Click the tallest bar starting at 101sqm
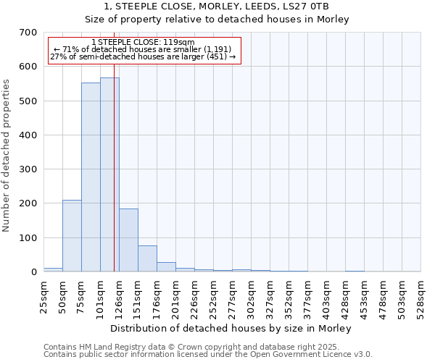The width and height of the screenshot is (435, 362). coord(109,174)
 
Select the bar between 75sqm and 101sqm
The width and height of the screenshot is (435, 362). coord(91,177)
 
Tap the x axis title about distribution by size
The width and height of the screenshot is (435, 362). coord(233,328)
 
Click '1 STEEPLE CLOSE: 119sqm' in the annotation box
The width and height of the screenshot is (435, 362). coord(144,43)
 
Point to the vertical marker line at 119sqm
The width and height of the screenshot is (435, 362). coord(114,181)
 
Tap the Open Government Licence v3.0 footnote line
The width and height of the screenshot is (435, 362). coord(208,355)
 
